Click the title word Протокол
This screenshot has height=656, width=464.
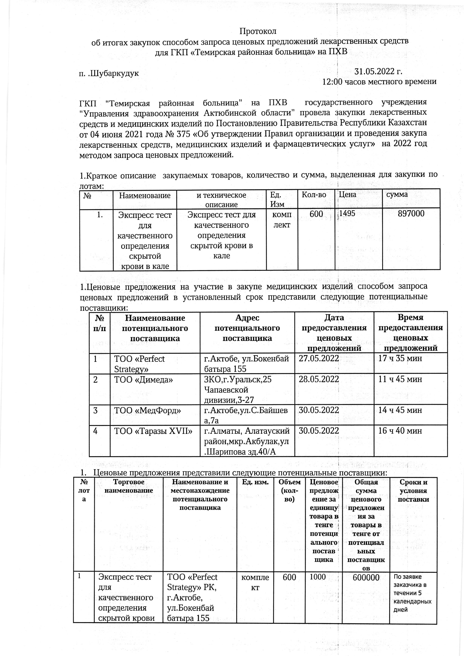(258, 30)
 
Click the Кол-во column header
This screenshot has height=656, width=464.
(314, 195)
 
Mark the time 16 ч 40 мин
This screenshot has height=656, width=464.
(400, 431)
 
